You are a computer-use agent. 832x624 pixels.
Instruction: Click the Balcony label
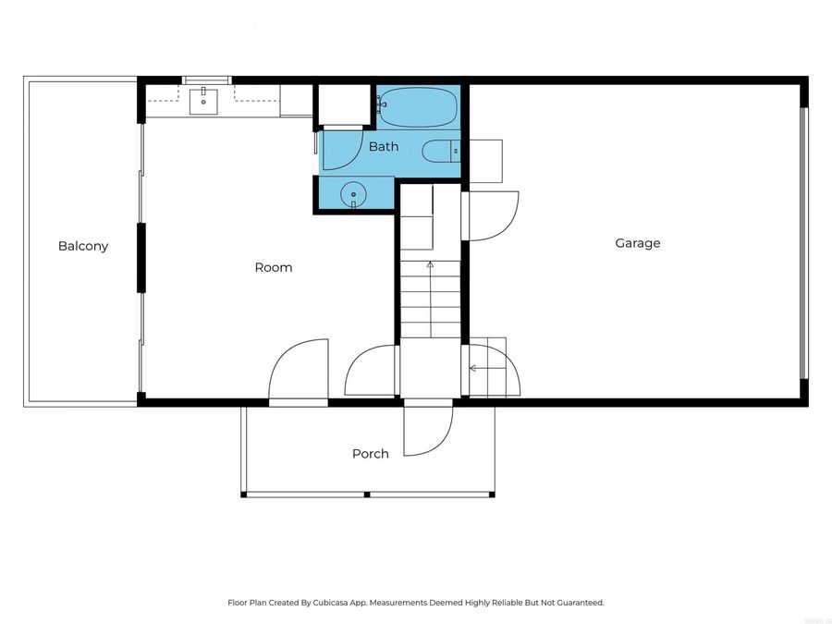[83, 246]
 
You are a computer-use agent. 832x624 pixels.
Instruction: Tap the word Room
[274, 267]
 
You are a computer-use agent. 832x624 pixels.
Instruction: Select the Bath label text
[384, 146]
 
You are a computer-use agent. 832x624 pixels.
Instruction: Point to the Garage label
[638, 243]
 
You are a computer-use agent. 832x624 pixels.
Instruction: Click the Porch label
[370, 454]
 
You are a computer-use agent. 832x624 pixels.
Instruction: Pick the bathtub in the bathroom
[418, 107]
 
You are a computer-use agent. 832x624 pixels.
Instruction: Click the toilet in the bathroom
[441, 150]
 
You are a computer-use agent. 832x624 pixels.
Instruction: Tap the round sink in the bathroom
[353, 195]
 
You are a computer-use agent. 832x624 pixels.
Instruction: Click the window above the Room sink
[206, 80]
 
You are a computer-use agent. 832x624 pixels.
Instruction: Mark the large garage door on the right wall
[803, 243]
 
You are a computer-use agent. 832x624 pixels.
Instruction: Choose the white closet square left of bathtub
[344, 105]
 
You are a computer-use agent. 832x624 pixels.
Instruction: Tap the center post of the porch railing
[368, 495]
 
